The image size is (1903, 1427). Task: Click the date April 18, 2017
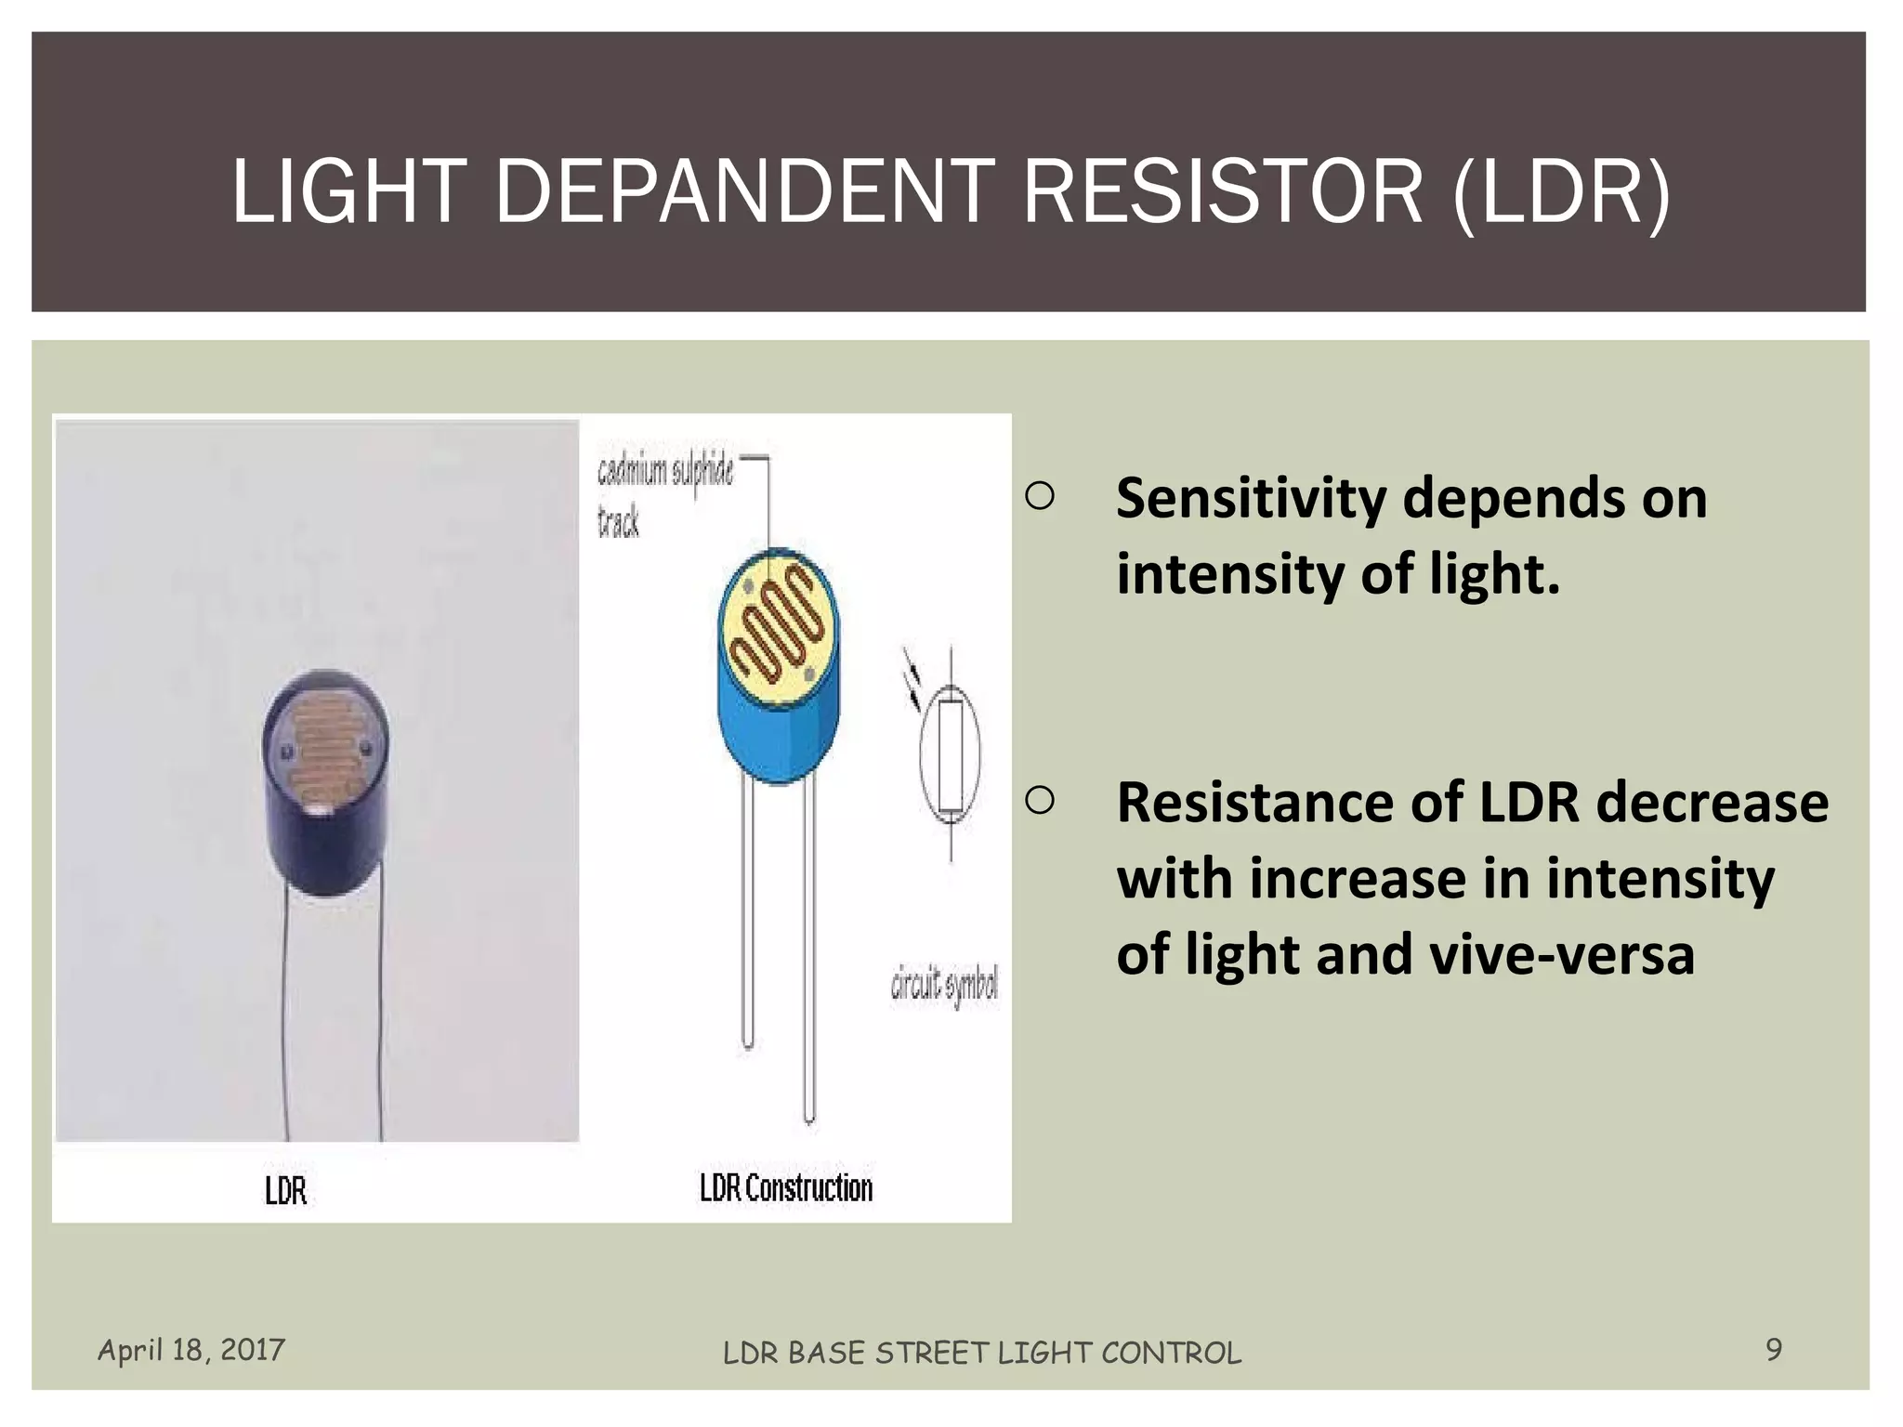[x=191, y=1349]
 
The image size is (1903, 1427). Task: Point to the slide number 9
[x=1774, y=1349]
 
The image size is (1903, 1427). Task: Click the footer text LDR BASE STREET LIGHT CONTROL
[x=982, y=1353]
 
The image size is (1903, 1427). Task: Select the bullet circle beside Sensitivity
[x=1040, y=497]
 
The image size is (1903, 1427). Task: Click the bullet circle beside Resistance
[x=1040, y=800]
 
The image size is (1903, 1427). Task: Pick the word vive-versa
[x=1562, y=954]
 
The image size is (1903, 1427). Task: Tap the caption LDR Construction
[x=786, y=1188]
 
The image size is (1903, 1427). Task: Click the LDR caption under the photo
[x=285, y=1191]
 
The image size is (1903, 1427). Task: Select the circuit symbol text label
[x=944, y=985]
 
